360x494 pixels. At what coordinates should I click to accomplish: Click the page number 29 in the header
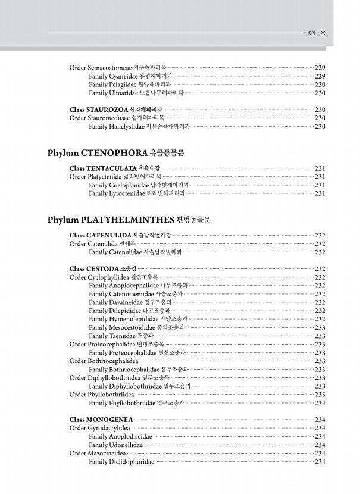323,33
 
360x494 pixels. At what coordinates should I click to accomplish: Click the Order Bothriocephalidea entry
104,361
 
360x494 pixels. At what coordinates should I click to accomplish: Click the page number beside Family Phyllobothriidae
320,403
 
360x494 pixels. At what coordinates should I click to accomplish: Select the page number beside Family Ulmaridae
320,93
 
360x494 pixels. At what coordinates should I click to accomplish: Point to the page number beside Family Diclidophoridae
320,462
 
